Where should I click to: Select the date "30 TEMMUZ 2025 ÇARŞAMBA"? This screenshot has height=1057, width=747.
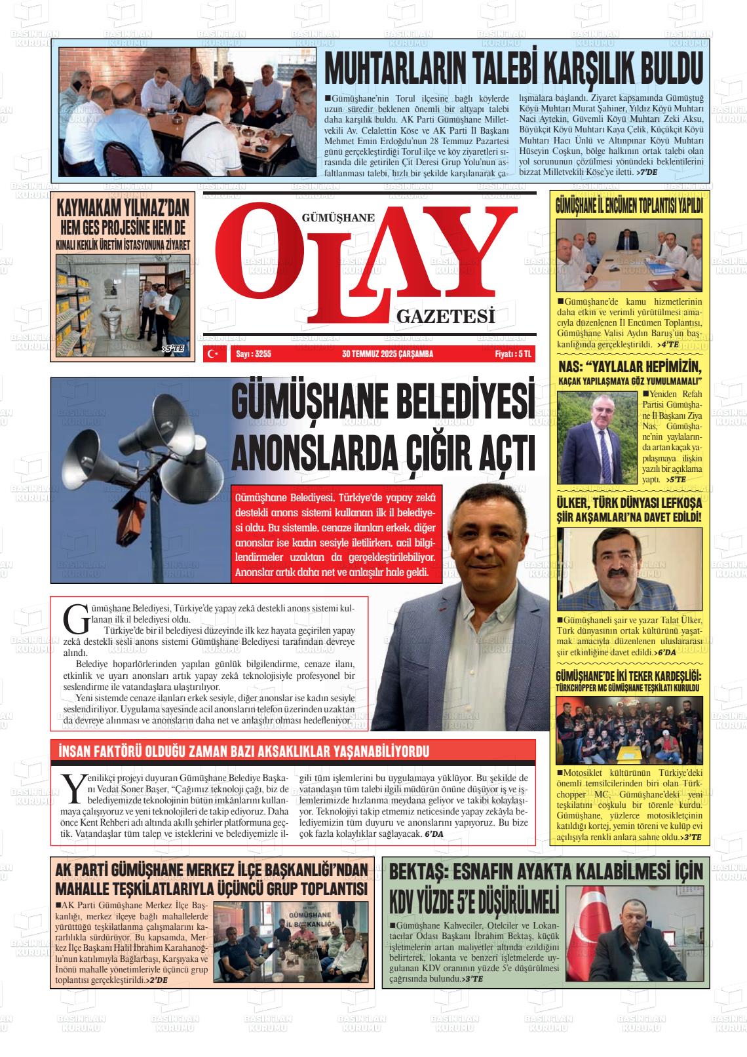(387, 354)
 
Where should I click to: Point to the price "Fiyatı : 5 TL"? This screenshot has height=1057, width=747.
(514, 354)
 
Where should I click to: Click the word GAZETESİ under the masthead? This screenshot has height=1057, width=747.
(445, 317)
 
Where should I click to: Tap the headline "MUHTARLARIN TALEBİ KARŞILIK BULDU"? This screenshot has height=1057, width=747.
(514, 68)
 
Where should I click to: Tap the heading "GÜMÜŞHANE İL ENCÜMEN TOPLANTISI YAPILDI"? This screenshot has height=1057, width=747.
(628, 205)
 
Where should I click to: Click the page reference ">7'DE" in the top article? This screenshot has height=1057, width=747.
(647, 172)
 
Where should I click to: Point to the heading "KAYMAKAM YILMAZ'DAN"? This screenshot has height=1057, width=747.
(123, 208)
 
